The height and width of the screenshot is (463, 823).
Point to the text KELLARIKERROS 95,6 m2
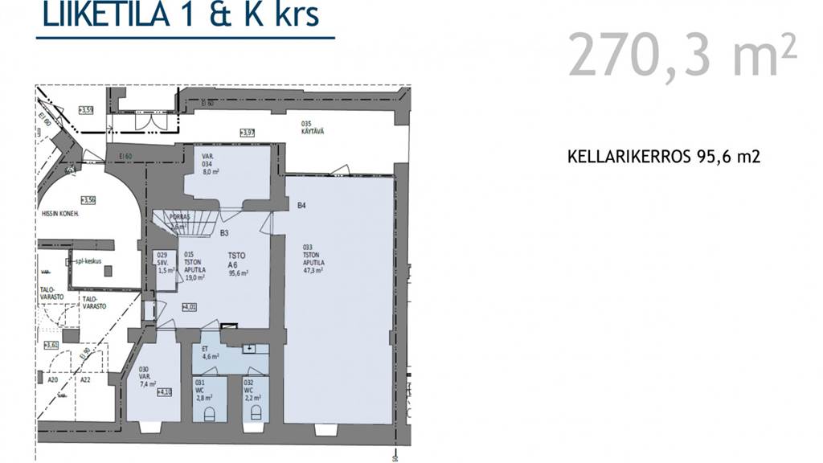[x=663, y=158]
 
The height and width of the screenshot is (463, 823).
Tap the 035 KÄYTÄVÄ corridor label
[x=313, y=128]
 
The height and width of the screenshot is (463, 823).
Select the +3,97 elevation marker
[x=248, y=133]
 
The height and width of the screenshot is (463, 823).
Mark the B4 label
[x=302, y=206]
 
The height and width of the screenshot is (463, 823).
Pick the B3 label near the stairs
[x=226, y=234]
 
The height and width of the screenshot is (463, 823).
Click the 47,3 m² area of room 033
[x=313, y=270]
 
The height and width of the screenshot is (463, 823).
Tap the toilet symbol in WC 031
[x=210, y=413]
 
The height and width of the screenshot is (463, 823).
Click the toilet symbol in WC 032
[x=256, y=413]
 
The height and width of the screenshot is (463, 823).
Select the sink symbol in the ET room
[x=250, y=348]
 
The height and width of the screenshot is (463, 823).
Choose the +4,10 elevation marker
[x=166, y=392]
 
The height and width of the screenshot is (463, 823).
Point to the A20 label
[x=53, y=380]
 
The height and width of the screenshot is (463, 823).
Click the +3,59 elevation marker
[x=86, y=109]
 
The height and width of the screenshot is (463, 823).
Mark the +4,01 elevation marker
[x=190, y=307]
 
